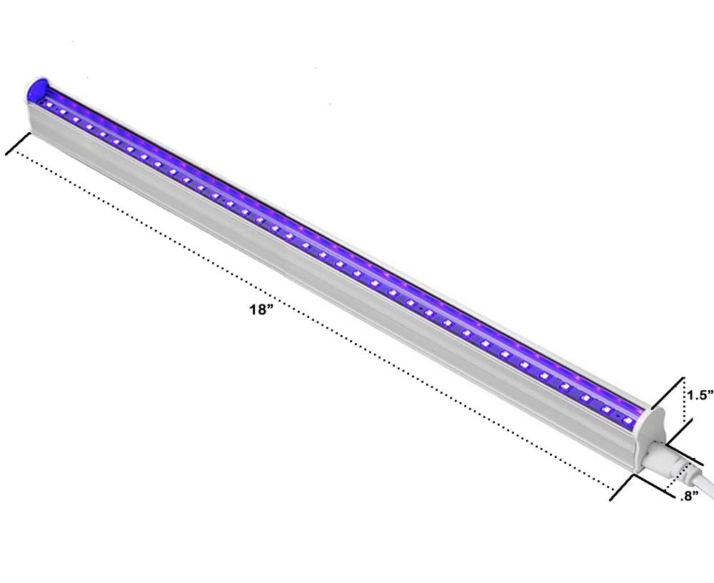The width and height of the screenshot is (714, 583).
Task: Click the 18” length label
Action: (x=261, y=310)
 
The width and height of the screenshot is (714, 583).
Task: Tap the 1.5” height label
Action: (x=700, y=395)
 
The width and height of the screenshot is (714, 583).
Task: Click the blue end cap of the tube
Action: (x=37, y=89)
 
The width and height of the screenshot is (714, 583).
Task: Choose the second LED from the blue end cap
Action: (x=62, y=111)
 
